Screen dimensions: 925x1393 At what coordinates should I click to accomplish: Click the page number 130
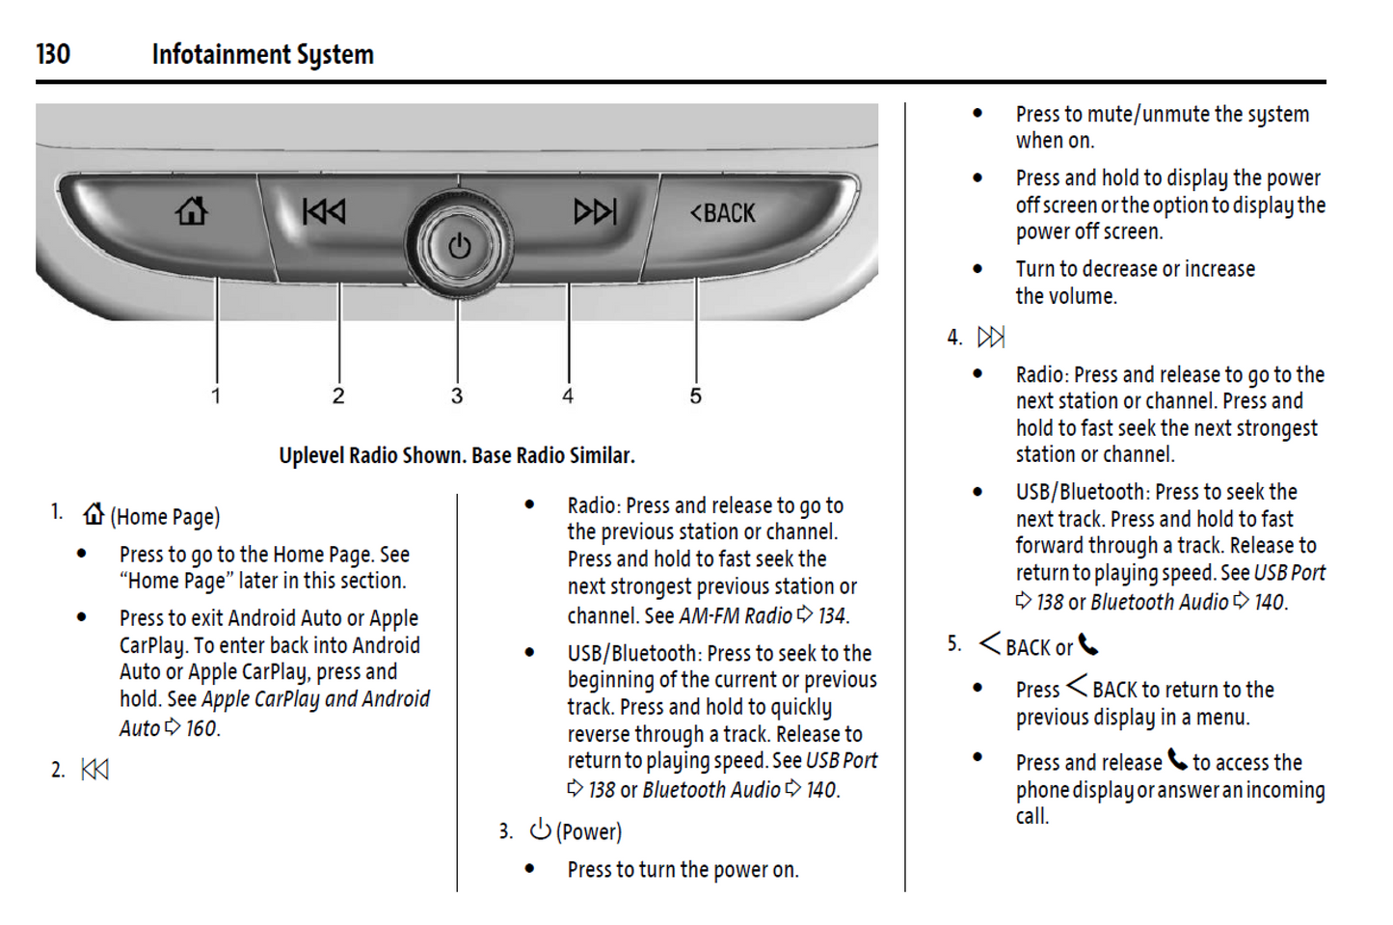click(x=53, y=54)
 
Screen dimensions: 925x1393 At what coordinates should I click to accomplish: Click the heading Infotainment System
click(x=262, y=54)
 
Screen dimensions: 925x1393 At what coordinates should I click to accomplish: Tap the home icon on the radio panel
click(x=191, y=210)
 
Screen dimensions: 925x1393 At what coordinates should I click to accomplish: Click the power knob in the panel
click(x=459, y=246)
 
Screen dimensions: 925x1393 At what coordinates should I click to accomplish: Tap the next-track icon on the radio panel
click(x=594, y=211)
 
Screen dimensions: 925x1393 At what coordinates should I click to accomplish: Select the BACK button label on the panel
click(x=723, y=213)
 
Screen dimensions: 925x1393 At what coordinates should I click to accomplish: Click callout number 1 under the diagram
click(x=216, y=395)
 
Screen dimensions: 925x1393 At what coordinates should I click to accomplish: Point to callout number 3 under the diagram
click(x=457, y=395)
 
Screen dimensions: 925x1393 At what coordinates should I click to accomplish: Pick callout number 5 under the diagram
click(x=695, y=395)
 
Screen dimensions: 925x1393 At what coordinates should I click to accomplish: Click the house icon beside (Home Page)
click(x=94, y=514)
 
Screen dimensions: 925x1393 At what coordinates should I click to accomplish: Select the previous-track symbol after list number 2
click(x=95, y=770)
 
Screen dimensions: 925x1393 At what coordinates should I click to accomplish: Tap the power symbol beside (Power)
click(x=540, y=830)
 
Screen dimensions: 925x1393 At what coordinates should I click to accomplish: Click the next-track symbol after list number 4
click(x=991, y=337)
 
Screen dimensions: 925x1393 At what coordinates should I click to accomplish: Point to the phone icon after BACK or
click(x=1088, y=644)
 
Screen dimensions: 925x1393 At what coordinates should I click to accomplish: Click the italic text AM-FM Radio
click(x=736, y=615)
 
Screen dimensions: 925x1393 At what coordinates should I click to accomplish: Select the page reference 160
click(x=201, y=728)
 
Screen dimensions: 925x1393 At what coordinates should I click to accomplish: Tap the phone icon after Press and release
click(x=1177, y=760)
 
